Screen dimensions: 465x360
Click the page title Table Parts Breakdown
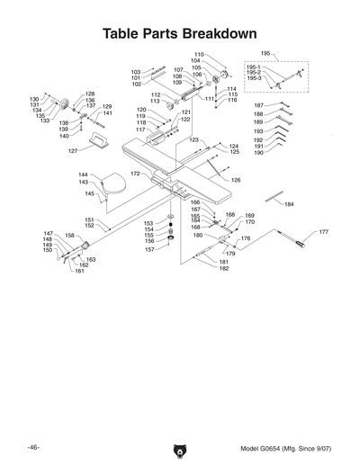pyautogui.click(x=180, y=32)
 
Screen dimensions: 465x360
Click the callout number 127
pyautogui.click(x=74, y=151)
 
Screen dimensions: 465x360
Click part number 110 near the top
pyautogui.click(x=199, y=55)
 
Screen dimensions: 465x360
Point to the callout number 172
pyautogui.click(x=135, y=173)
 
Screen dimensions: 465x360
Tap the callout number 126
pyautogui.click(x=236, y=181)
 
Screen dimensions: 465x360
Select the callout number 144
pyautogui.click(x=83, y=174)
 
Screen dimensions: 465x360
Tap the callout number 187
pyautogui.click(x=258, y=105)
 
